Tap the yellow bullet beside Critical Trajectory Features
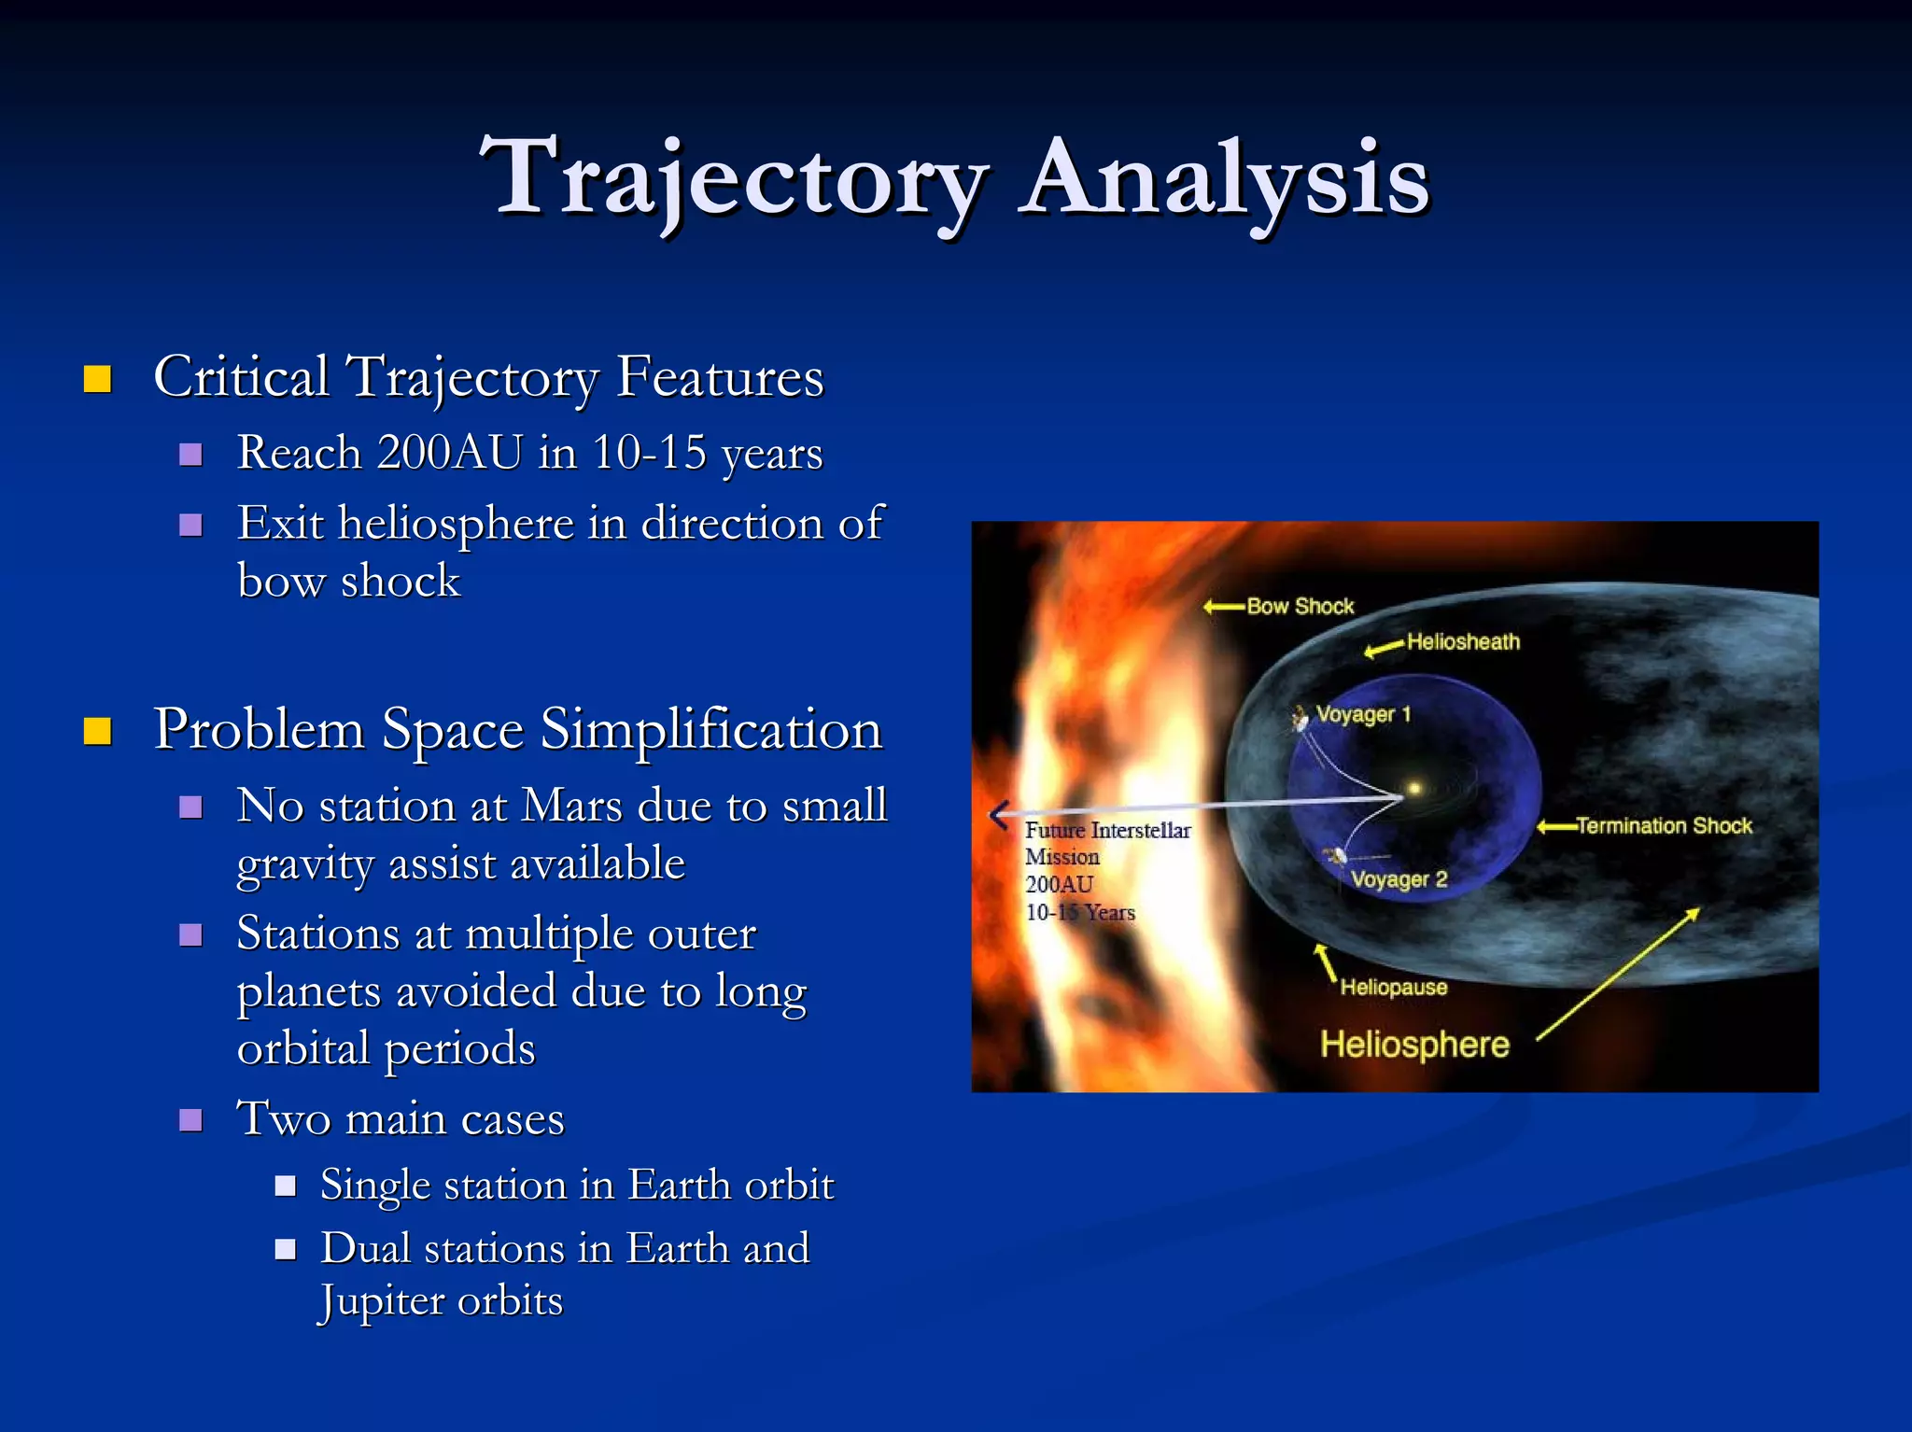click(97, 379)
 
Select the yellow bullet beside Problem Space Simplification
click(97, 731)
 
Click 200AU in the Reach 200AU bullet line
click(449, 453)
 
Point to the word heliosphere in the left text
click(455, 524)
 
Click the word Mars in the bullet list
click(571, 806)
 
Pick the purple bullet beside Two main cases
click(190, 1119)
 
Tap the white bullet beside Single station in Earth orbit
click(286, 1186)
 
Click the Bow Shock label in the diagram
click(1300, 607)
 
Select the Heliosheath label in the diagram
click(1463, 642)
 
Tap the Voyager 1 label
click(1363, 715)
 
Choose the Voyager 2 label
click(1399, 879)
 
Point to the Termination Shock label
click(1664, 826)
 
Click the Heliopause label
click(1393, 988)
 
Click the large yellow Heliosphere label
click(1413, 1045)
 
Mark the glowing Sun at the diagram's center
click(1414, 789)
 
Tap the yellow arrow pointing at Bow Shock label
click(1223, 608)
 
